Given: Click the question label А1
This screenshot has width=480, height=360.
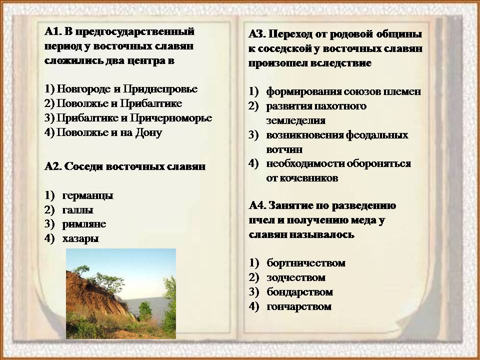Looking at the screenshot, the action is pyautogui.click(x=53, y=31).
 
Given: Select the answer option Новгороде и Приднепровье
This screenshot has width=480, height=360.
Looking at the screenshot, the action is pyautogui.click(x=127, y=89).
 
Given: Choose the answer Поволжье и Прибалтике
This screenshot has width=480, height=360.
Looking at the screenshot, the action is pyautogui.click(x=119, y=103).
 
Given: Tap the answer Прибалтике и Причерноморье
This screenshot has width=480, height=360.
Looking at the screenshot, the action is pyautogui.click(x=134, y=118).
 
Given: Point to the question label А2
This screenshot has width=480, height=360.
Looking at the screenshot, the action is pyautogui.click(x=53, y=166).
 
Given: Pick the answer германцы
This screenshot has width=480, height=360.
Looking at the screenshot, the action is pyautogui.click(x=88, y=195).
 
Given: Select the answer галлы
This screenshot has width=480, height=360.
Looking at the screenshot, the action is pyautogui.click(x=78, y=210).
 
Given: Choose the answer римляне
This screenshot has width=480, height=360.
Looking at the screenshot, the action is pyautogui.click(x=84, y=224).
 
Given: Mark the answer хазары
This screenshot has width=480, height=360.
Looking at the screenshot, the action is pyautogui.click(x=81, y=238).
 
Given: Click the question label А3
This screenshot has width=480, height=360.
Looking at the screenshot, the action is pyautogui.click(x=257, y=34).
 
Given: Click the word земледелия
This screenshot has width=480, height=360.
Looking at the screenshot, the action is pyautogui.click(x=295, y=120).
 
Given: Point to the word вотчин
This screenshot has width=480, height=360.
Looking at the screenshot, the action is pyautogui.click(x=284, y=149).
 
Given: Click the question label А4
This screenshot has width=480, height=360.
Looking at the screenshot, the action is pyautogui.click(x=258, y=205).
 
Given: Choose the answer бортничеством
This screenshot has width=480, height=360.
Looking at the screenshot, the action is pyautogui.click(x=306, y=263).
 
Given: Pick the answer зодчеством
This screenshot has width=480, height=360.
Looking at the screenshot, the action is pyautogui.click(x=296, y=277).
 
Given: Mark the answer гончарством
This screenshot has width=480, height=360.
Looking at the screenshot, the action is pyautogui.click(x=299, y=306).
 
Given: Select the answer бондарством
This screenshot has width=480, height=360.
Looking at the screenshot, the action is pyautogui.click(x=300, y=292).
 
